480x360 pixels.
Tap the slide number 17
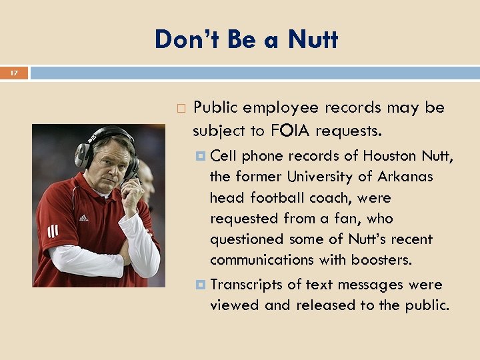tap(14, 72)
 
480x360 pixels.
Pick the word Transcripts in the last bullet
tap(246, 285)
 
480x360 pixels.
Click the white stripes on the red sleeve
tap(53, 231)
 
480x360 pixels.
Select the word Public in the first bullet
tap(215, 108)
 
